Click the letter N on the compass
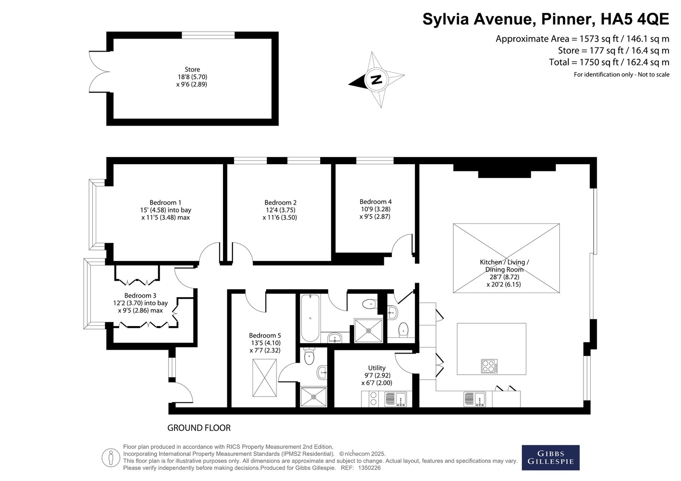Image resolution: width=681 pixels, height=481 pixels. coord(377,80)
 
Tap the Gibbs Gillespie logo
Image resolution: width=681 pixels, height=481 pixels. coord(551,458)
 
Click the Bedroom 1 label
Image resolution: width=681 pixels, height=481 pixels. coord(166,202)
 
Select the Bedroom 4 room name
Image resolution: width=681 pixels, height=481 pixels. coord(375,202)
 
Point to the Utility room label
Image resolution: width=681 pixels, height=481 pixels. coord(377,368)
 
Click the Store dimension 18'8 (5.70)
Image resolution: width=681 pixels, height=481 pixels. coord(192,77)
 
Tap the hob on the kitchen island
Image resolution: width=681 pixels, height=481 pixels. coord(489,366)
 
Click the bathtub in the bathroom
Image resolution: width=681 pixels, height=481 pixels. coord(310,318)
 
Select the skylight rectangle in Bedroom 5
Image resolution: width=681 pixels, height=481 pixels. coord(264,378)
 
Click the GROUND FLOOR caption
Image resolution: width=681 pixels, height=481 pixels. coord(199,428)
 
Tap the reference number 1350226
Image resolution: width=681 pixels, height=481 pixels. coord(369,468)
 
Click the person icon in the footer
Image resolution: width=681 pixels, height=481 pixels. coord(111,458)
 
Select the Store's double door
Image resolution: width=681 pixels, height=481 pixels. coord(99,72)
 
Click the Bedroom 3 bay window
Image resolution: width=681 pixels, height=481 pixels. coord(88,293)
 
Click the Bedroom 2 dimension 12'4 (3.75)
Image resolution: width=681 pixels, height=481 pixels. coord(280,210)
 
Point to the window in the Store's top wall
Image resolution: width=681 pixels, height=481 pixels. coord(208,35)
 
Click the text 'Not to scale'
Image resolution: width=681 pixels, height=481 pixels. coord(654,74)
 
